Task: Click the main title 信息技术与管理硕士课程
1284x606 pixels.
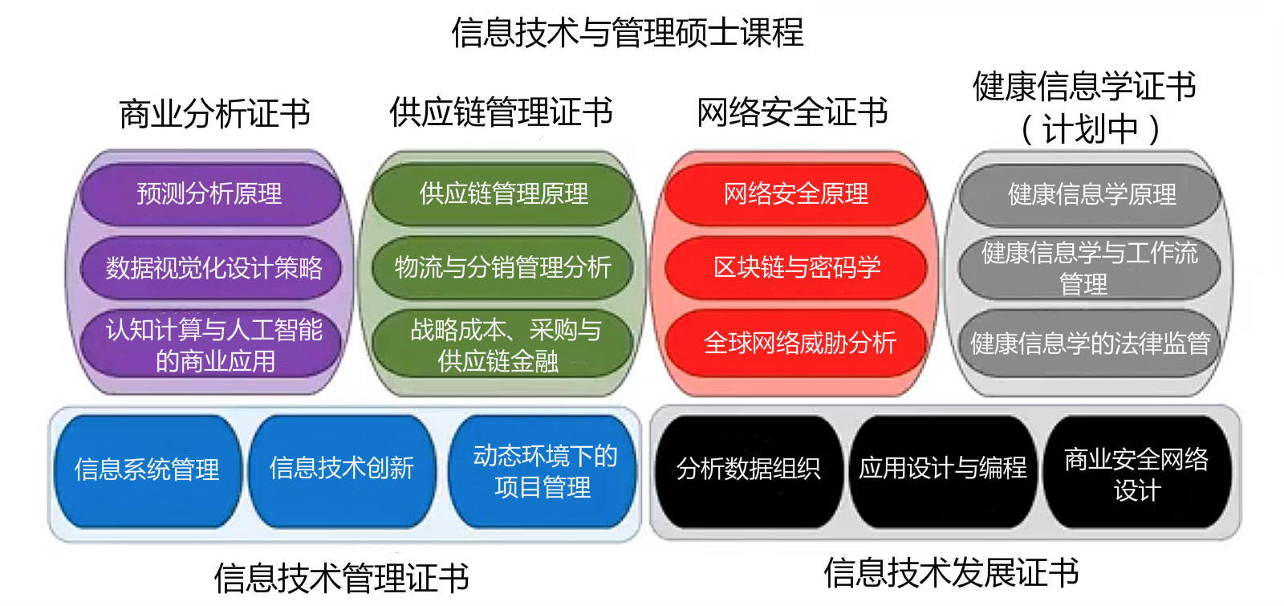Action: pyautogui.click(x=627, y=32)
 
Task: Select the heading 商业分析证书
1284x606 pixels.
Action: pyautogui.click(x=214, y=113)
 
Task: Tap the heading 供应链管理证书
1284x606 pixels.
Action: pyautogui.click(x=501, y=112)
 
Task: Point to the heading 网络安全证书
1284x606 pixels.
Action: pyautogui.click(x=792, y=112)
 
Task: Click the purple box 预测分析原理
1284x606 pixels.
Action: pyautogui.click(x=209, y=193)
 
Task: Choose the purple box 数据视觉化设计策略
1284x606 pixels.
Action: pyautogui.click(x=211, y=268)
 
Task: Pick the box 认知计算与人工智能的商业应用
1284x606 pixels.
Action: pyautogui.click(x=211, y=344)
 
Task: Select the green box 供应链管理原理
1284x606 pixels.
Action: pyautogui.click(x=502, y=193)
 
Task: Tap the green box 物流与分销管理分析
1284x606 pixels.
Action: pyautogui.click(x=502, y=268)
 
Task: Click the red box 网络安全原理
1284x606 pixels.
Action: pyautogui.click(x=795, y=193)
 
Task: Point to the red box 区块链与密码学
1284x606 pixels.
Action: pyautogui.click(x=795, y=268)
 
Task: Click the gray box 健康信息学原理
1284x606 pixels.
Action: pyautogui.click(x=1090, y=195)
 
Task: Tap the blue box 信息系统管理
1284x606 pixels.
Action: pyautogui.click(x=148, y=471)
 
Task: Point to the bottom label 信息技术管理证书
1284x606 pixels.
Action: pyautogui.click(x=342, y=578)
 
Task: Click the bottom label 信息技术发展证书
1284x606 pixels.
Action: pyautogui.click(x=952, y=573)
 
